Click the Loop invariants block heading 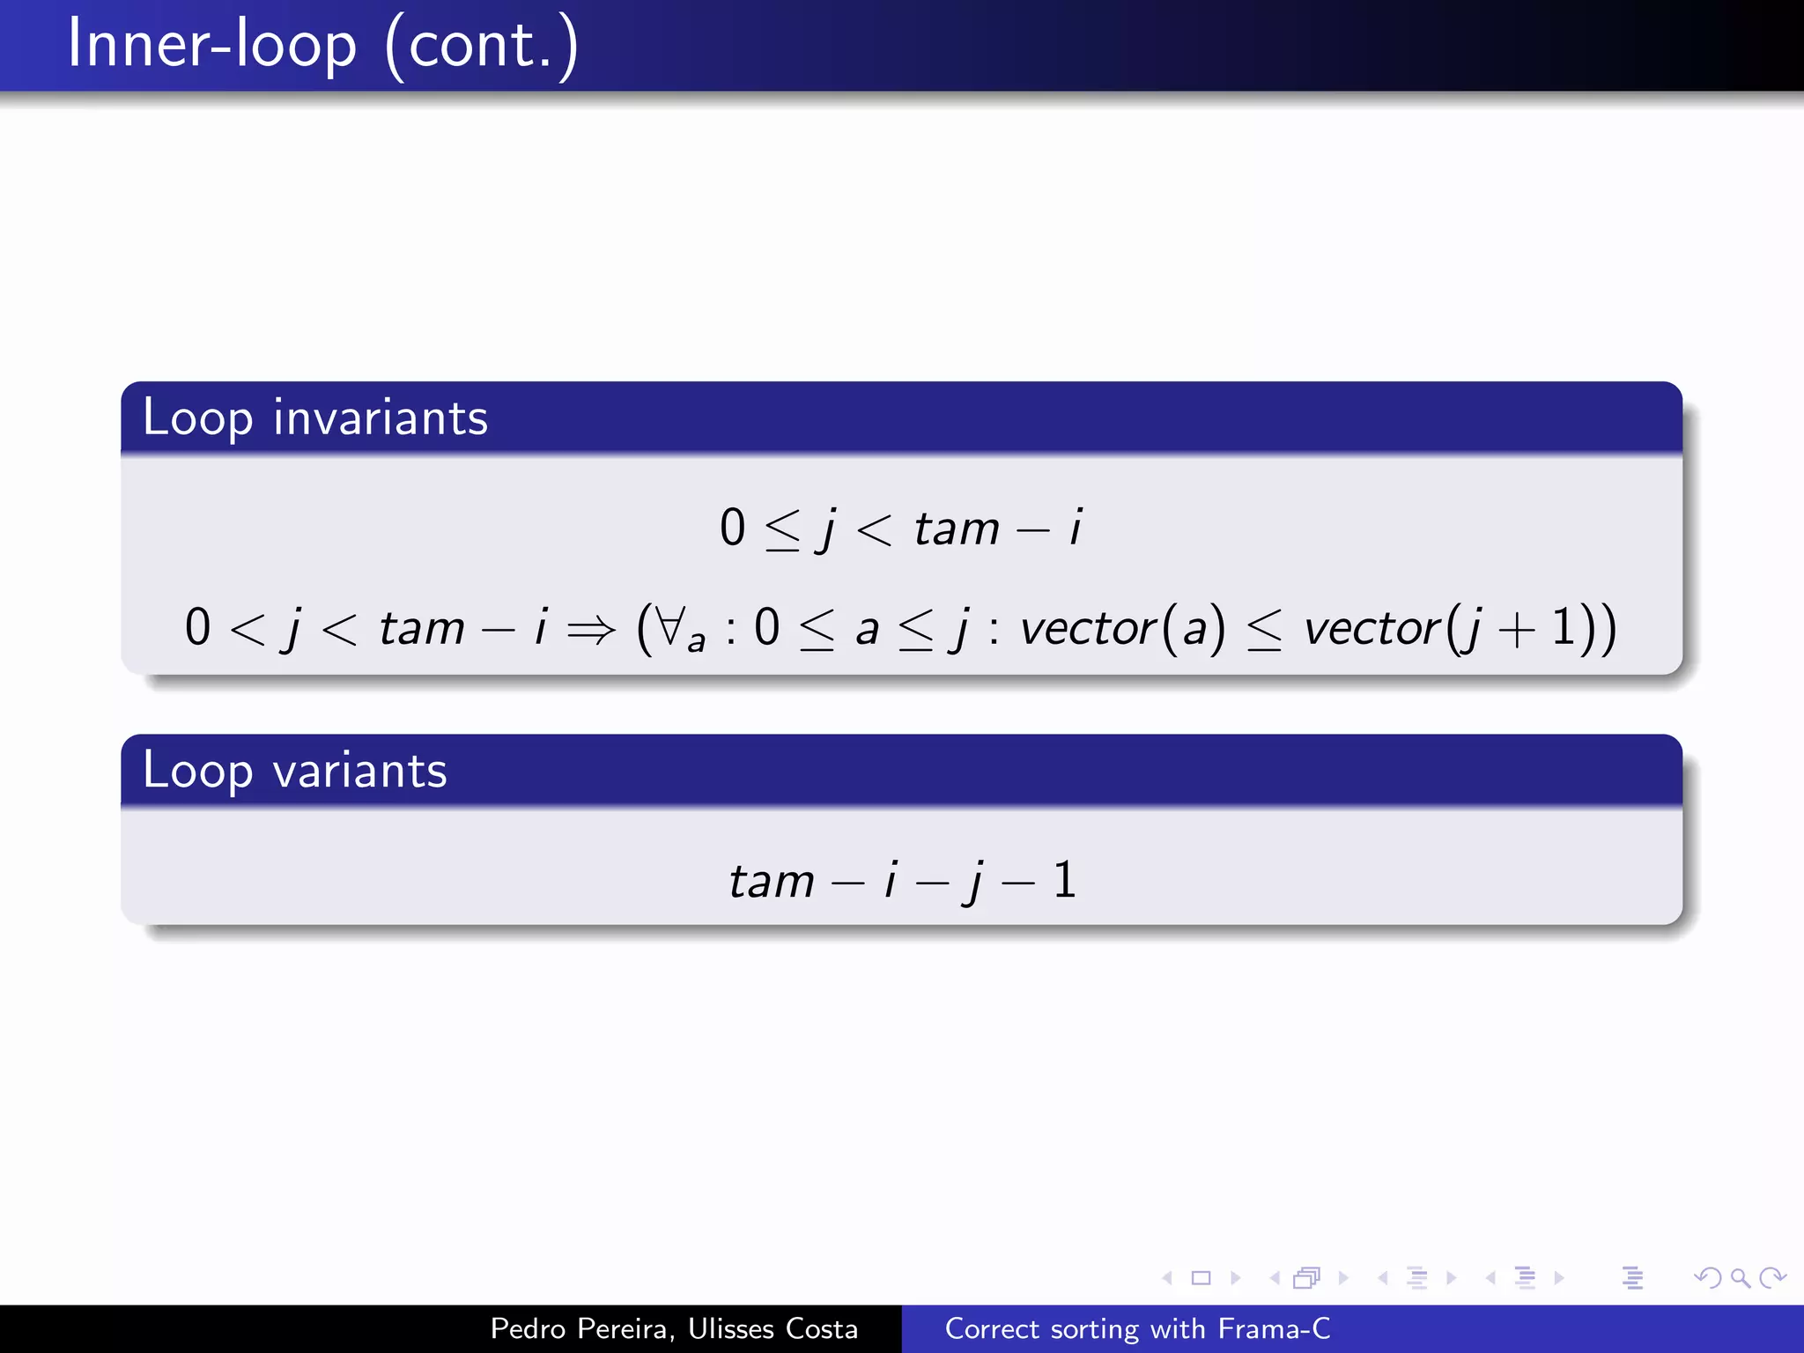point(314,418)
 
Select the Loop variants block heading point(294,771)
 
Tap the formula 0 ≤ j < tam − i point(900,529)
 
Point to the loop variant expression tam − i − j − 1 point(902,880)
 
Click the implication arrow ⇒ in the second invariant point(591,629)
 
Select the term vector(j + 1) point(1459,629)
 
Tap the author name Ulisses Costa point(773,1328)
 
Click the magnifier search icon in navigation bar point(1740,1277)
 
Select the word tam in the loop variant point(772,881)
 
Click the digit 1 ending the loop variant point(1064,880)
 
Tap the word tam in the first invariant point(957,529)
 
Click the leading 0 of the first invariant point(732,529)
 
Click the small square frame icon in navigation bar point(1201,1277)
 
